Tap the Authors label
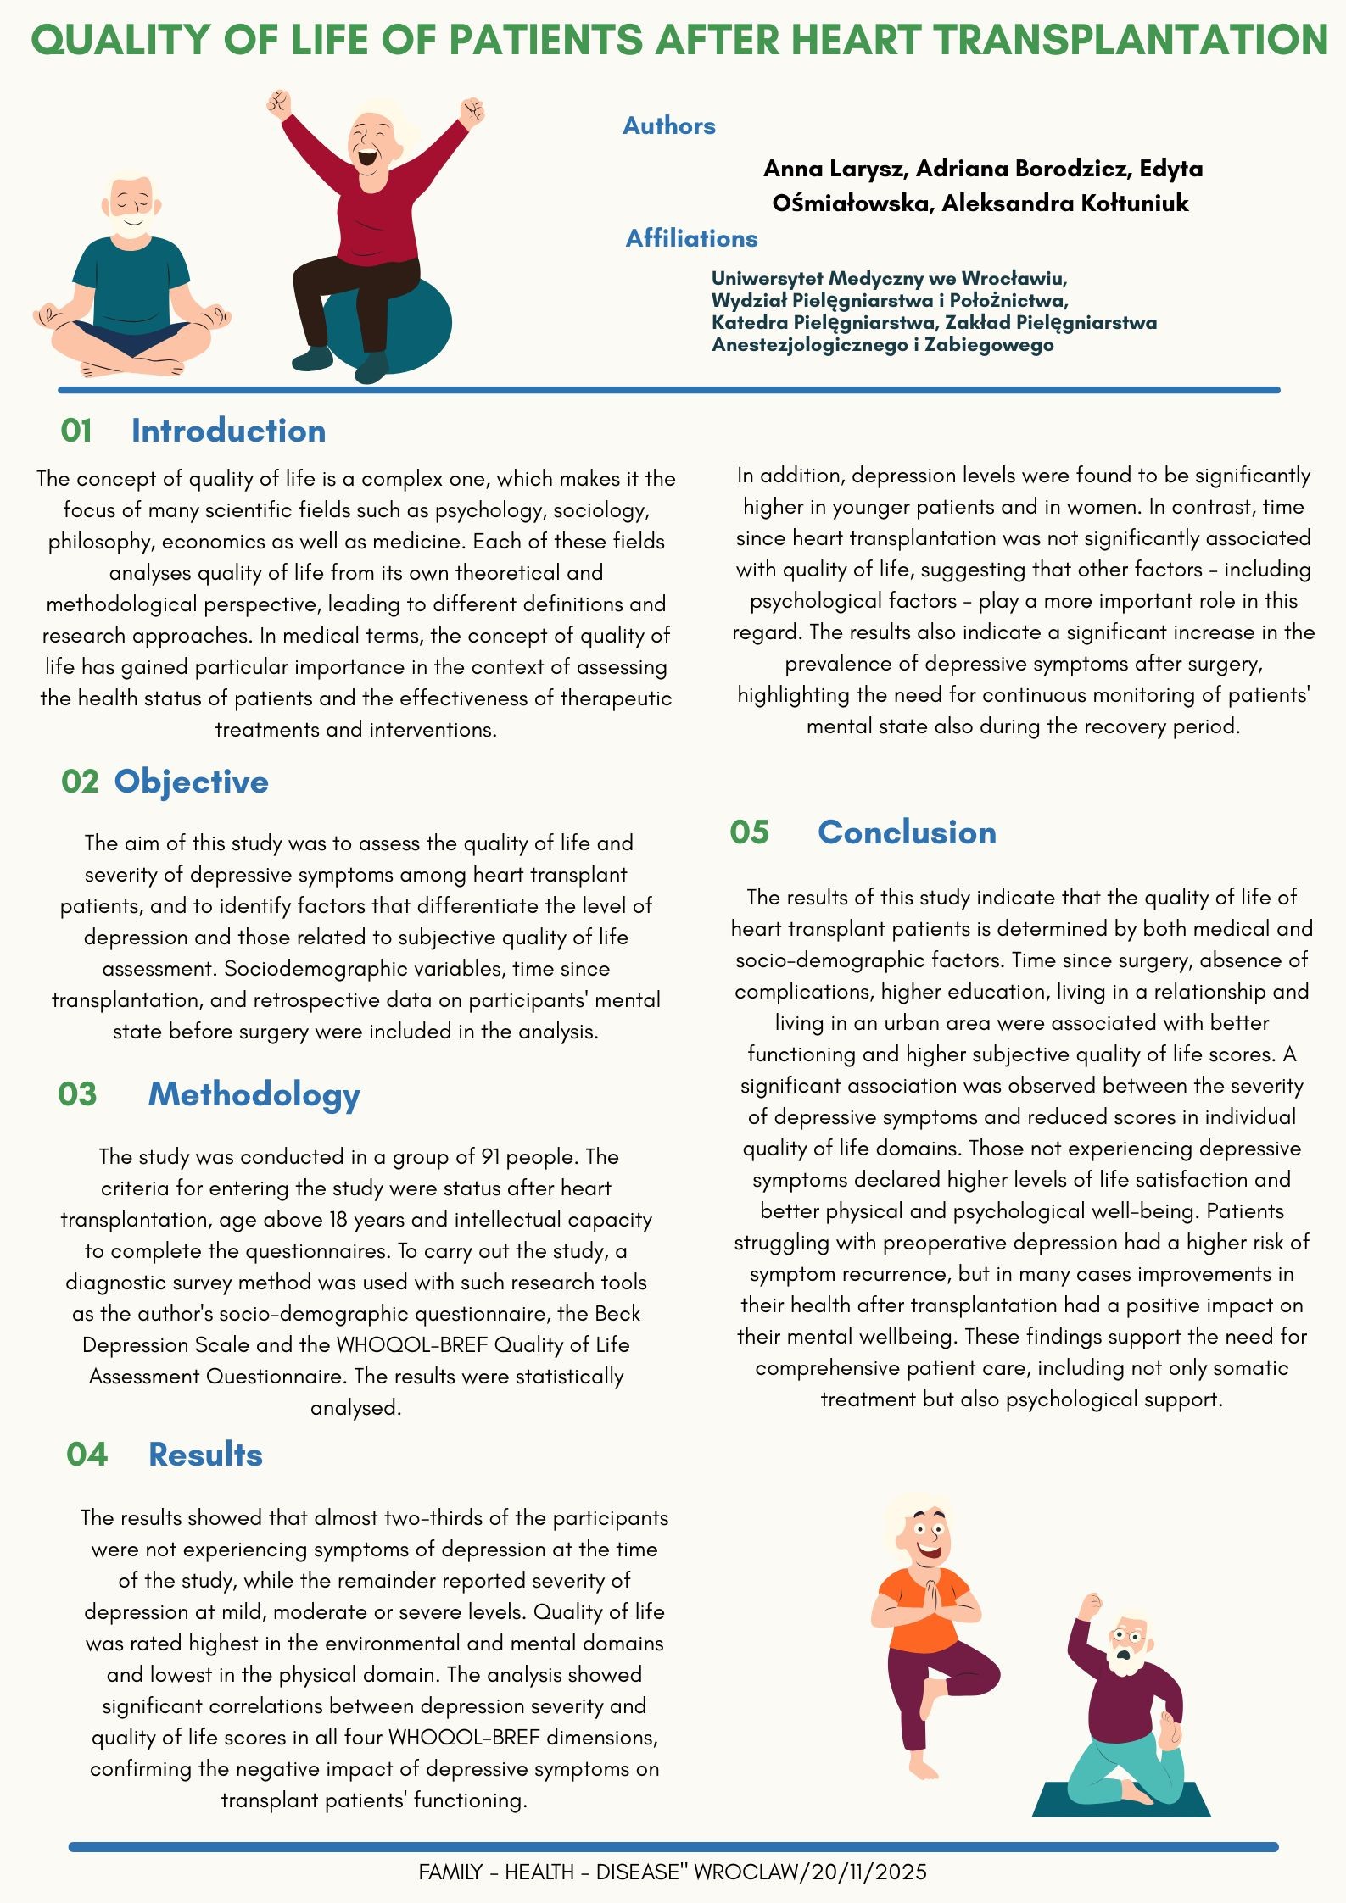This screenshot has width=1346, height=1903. (668, 126)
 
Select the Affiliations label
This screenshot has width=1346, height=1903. (691, 239)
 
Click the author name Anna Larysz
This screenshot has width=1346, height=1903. (836, 169)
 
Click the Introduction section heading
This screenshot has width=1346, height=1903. (228, 431)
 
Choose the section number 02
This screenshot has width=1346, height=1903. (80, 782)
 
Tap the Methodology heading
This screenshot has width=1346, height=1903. (254, 1094)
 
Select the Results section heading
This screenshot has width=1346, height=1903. (205, 1455)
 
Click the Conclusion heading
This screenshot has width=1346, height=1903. (907, 832)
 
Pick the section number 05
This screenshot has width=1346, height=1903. (749, 832)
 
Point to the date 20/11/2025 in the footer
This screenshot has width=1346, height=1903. (868, 1872)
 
